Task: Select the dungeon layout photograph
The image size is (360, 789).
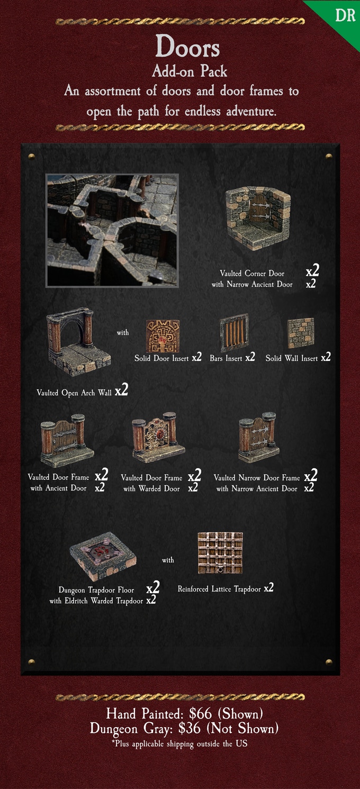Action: [x=112, y=230]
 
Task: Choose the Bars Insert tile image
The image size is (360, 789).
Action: [x=234, y=334]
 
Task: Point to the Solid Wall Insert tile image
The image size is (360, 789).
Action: [x=300, y=333]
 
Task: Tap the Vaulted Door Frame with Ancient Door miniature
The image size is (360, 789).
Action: [x=67, y=440]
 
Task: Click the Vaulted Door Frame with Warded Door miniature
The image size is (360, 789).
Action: [x=158, y=437]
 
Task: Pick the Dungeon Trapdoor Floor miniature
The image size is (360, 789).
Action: [x=103, y=555]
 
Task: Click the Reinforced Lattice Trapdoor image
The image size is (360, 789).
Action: [x=220, y=553]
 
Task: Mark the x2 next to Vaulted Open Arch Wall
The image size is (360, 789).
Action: [x=121, y=391]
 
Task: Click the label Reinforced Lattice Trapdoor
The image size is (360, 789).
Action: [x=219, y=589]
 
